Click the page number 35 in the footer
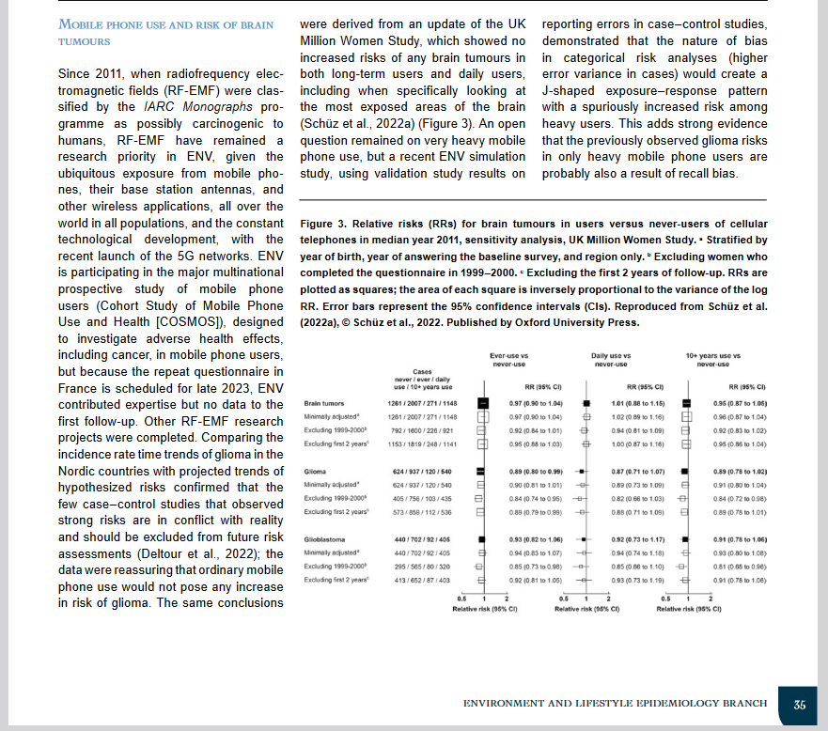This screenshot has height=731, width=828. [799, 704]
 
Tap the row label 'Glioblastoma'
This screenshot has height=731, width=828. [323, 540]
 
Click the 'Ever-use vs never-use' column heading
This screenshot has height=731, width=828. [509, 361]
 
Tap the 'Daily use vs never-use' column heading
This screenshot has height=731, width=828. [613, 361]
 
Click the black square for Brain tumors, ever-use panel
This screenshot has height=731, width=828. [483, 402]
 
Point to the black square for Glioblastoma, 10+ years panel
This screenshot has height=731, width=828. [685, 540]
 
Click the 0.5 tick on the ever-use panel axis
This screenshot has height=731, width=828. [461, 599]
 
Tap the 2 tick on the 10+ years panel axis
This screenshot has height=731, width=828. [711, 599]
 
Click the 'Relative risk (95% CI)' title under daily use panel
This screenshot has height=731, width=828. [586, 609]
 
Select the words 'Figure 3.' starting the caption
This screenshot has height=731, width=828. [322, 224]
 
